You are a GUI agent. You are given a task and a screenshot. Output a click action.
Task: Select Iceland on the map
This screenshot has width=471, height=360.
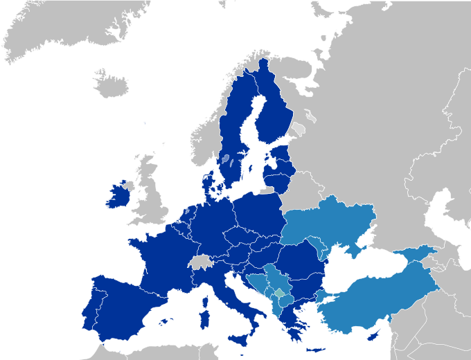(x=111, y=84)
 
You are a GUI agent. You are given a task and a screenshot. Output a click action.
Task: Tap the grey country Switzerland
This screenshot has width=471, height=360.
(x=199, y=262)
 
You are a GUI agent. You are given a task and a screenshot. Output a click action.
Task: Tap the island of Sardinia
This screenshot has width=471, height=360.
(x=204, y=319)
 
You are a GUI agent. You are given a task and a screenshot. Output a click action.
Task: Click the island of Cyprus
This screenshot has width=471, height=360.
(x=374, y=335)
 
